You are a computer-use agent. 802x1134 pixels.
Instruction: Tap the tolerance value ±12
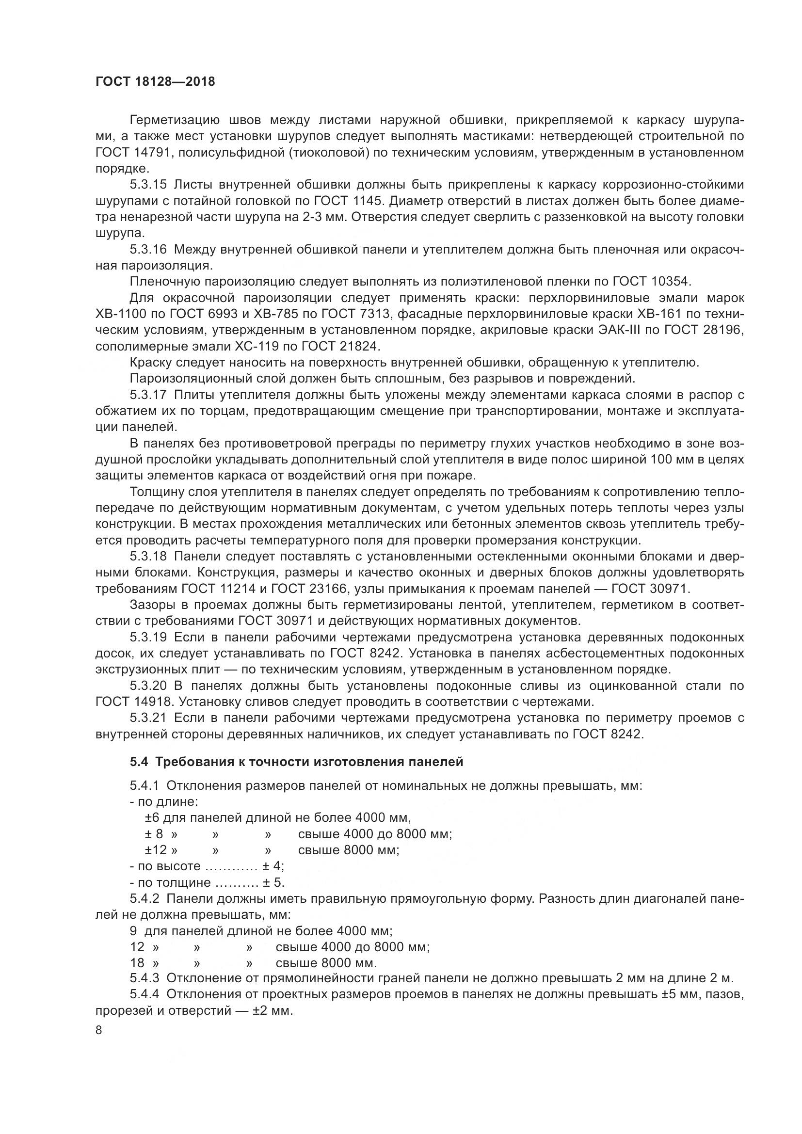156,850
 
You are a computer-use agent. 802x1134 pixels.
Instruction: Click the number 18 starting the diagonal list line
137,963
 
